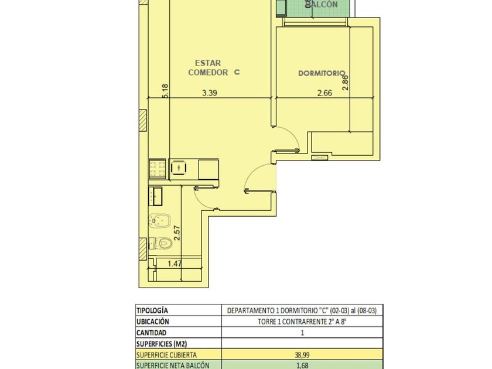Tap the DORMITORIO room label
tap(322, 73)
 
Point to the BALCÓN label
tap(322, 4)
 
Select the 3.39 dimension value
tap(210, 93)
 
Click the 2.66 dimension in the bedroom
tap(324, 93)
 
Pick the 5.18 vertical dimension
tap(165, 91)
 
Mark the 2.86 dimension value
tap(345, 83)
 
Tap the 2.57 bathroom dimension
tap(177, 233)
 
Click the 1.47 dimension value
tap(175, 264)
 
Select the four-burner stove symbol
tap(158, 169)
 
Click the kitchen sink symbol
tap(179, 168)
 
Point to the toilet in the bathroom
tap(160, 243)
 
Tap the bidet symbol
tap(160, 221)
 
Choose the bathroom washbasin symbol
tap(155, 196)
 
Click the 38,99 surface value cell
tap(302, 355)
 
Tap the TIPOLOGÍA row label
tap(152, 310)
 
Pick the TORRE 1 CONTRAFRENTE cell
tap(302, 322)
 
